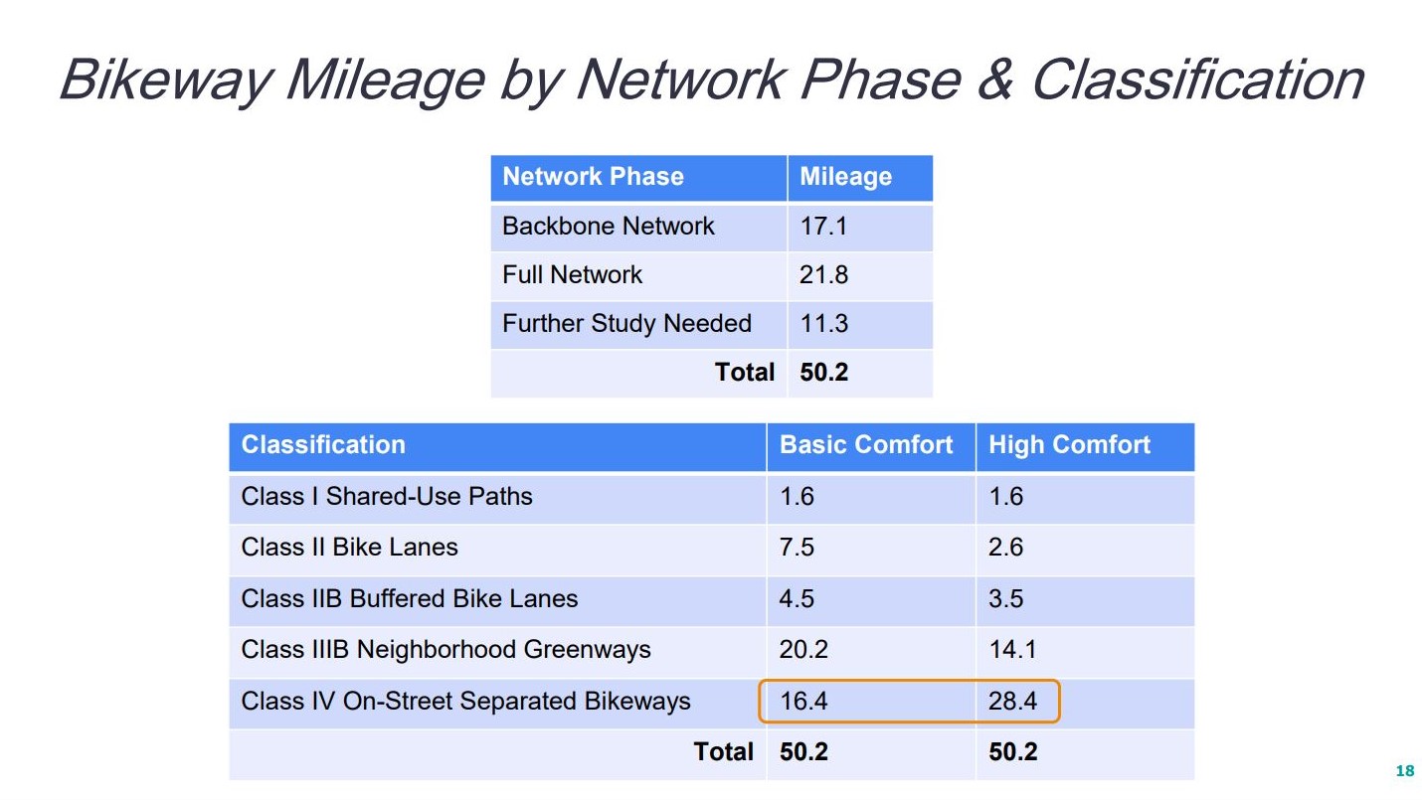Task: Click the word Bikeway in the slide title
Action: click(166, 80)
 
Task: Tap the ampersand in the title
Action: click(994, 79)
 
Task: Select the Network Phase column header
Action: click(593, 176)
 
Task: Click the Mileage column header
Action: click(845, 177)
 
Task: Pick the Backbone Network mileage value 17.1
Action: click(823, 227)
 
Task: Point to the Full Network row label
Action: click(572, 274)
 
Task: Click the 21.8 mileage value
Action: click(823, 274)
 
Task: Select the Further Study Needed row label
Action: click(626, 324)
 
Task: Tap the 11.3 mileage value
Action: click(824, 324)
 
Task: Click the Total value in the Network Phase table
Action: click(824, 373)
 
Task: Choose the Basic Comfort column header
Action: click(866, 445)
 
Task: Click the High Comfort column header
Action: click(1069, 445)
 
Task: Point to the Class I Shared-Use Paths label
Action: click(387, 496)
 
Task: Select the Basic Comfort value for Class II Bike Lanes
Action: click(797, 547)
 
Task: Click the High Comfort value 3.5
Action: click(1005, 598)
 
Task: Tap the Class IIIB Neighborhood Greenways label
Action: click(445, 650)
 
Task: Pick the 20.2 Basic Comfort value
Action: click(803, 650)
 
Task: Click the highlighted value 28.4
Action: click(1012, 701)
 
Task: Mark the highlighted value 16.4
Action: click(803, 701)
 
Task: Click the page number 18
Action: click(1405, 770)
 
